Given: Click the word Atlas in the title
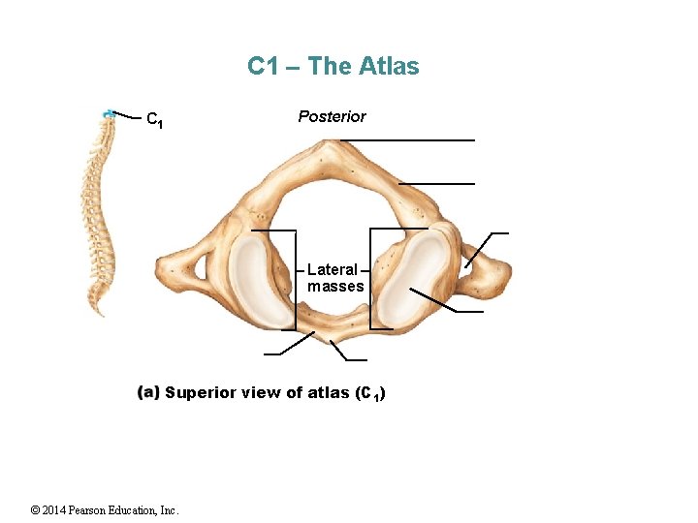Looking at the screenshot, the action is [x=389, y=66].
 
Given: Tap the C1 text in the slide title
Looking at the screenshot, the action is [x=263, y=66].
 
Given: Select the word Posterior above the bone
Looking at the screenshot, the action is [x=332, y=116].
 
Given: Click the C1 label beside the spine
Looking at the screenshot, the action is [x=153, y=121].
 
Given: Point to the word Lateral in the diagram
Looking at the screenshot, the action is [x=332, y=269].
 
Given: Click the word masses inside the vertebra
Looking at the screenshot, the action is [x=335, y=286].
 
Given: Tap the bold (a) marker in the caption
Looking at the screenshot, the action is [x=148, y=392].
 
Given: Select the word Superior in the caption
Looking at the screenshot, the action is [x=197, y=392].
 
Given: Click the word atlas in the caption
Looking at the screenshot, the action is [x=328, y=392].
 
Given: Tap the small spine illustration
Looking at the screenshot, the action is [x=97, y=213].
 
